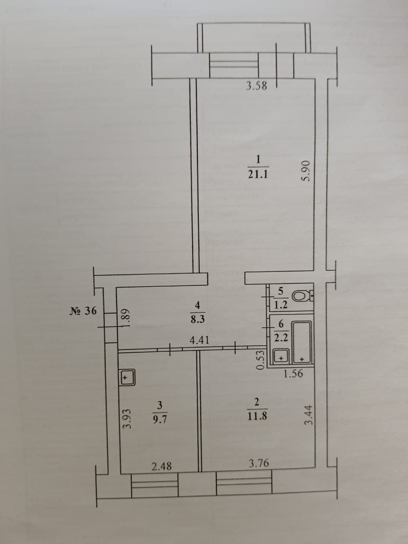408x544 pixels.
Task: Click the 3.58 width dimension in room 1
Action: tap(257, 86)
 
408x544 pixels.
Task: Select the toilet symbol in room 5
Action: tap(300, 296)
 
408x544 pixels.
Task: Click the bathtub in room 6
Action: tap(301, 342)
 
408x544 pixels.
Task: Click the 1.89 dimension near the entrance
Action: tap(126, 315)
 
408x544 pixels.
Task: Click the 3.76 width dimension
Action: tap(258, 463)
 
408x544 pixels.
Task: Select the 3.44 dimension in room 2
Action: tap(308, 415)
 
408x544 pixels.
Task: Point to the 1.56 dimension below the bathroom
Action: tap(293, 374)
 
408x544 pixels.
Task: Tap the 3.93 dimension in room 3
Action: tap(126, 418)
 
